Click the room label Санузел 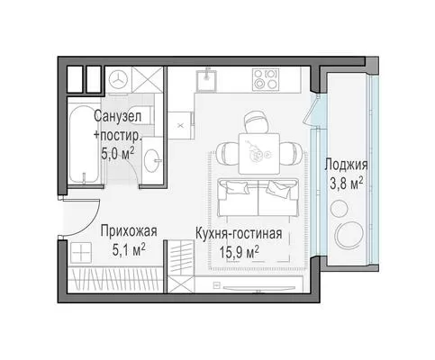pyautogui.click(x=117, y=116)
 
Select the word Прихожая pyautogui.click(x=129, y=231)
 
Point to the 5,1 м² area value pyautogui.click(x=129, y=250)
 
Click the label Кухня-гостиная pyautogui.click(x=239, y=234)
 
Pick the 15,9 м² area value pyautogui.click(x=240, y=252)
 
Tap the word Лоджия pyautogui.click(x=346, y=165)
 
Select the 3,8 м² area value pyautogui.click(x=347, y=184)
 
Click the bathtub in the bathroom pyautogui.click(x=84, y=144)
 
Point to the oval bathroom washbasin pyautogui.click(x=151, y=160)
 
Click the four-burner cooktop pyautogui.click(x=266, y=79)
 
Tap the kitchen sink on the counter pyautogui.click(x=206, y=80)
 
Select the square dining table pyautogui.click(x=259, y=154)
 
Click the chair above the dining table pyautogui.click(x=256, y=122)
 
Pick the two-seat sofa pyautogui.click(x=258, y=197)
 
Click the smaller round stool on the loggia pyautogui.click(x=340, y=208)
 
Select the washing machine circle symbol pyautogui.click(x=118, y=79)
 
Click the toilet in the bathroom pyautogui.click(x=143, y=115)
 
